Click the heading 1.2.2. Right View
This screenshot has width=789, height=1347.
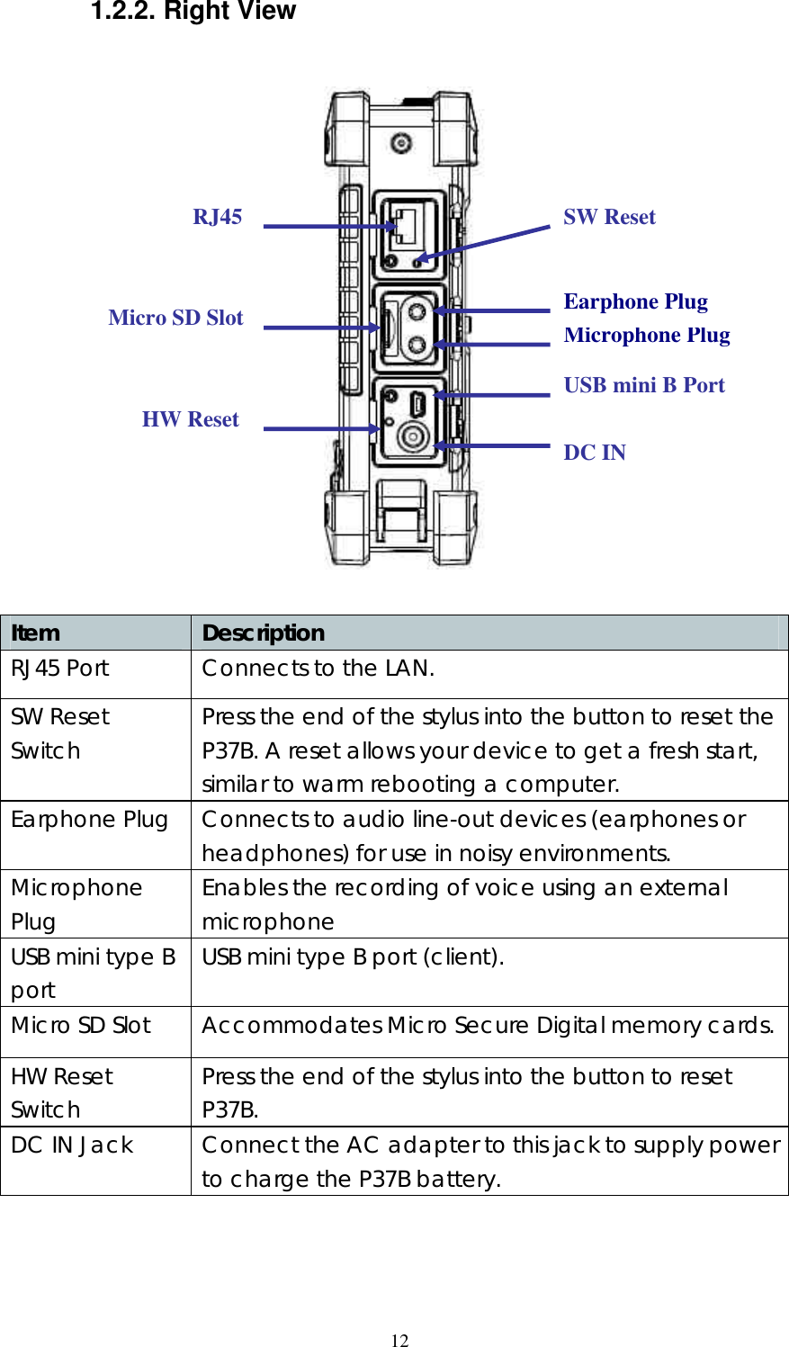(193, 12)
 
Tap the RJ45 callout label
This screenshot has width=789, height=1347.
(217, 217)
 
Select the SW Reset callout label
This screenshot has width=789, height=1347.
(609, 217)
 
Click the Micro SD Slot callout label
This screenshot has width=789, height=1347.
(175, 318)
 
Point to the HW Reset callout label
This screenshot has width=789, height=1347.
(190, 419)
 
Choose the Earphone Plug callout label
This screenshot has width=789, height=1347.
(635, 301)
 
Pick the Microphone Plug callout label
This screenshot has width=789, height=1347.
(646, 335)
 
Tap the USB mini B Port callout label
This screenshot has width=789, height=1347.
(643, 385)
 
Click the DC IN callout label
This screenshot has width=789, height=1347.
(595, 453)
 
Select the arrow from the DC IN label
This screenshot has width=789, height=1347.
(492, 445)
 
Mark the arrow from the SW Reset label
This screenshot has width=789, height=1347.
(486, 243)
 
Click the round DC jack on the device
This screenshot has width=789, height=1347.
(413, 439)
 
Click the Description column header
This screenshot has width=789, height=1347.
(263, 633)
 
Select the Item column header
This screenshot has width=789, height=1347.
(36, 633)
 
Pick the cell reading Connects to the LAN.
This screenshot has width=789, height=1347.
(318, 669)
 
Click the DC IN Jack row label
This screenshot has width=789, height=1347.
(72, 1145)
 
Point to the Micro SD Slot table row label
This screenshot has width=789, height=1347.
(81, 1026)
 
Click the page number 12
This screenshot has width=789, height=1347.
(399, 1341)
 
